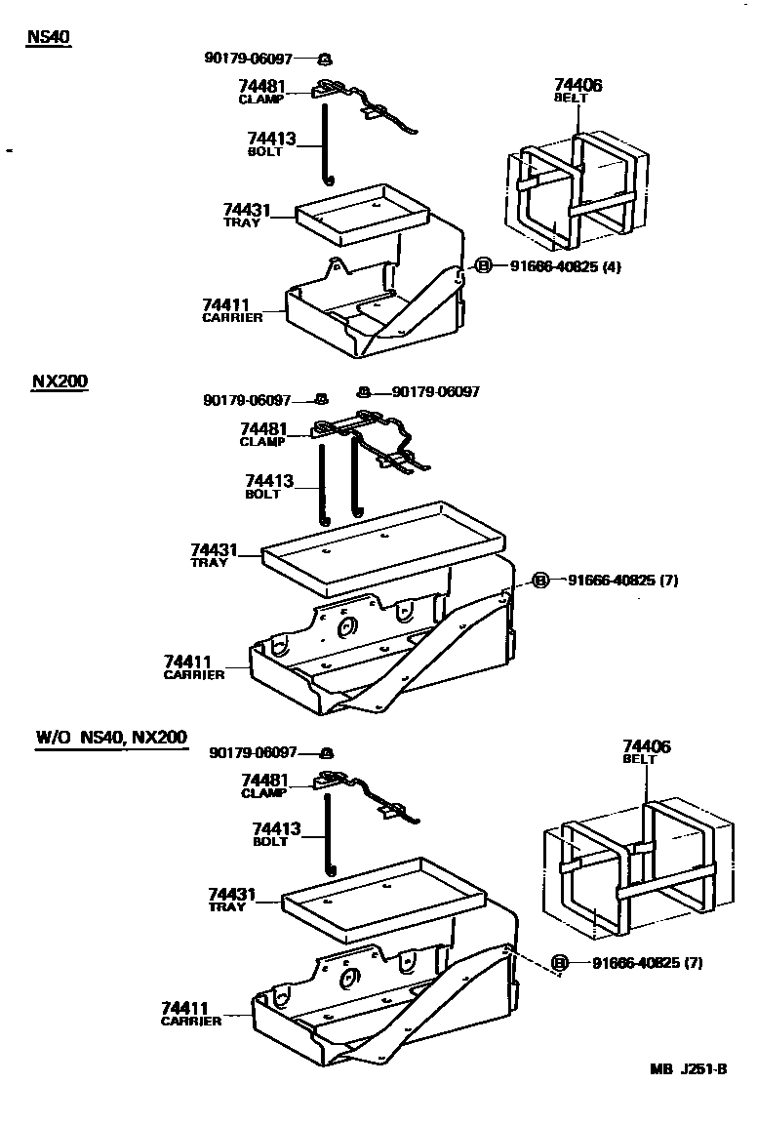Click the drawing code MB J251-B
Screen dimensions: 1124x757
click(689, 1068)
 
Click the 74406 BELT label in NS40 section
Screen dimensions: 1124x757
click(578, 90)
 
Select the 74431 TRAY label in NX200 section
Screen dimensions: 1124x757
click(214, 555)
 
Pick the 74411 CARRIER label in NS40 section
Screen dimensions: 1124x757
click(232, 310)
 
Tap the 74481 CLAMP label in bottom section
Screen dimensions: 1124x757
click(263, 785)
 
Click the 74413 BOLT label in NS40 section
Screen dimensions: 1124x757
click(270, 144)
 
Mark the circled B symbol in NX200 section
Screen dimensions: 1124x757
click(540, 581)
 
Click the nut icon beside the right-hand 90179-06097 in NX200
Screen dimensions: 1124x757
click(363, 391)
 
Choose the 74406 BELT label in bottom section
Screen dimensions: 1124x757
click(647, 751)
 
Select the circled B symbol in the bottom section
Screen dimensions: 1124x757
click(560, 964)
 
